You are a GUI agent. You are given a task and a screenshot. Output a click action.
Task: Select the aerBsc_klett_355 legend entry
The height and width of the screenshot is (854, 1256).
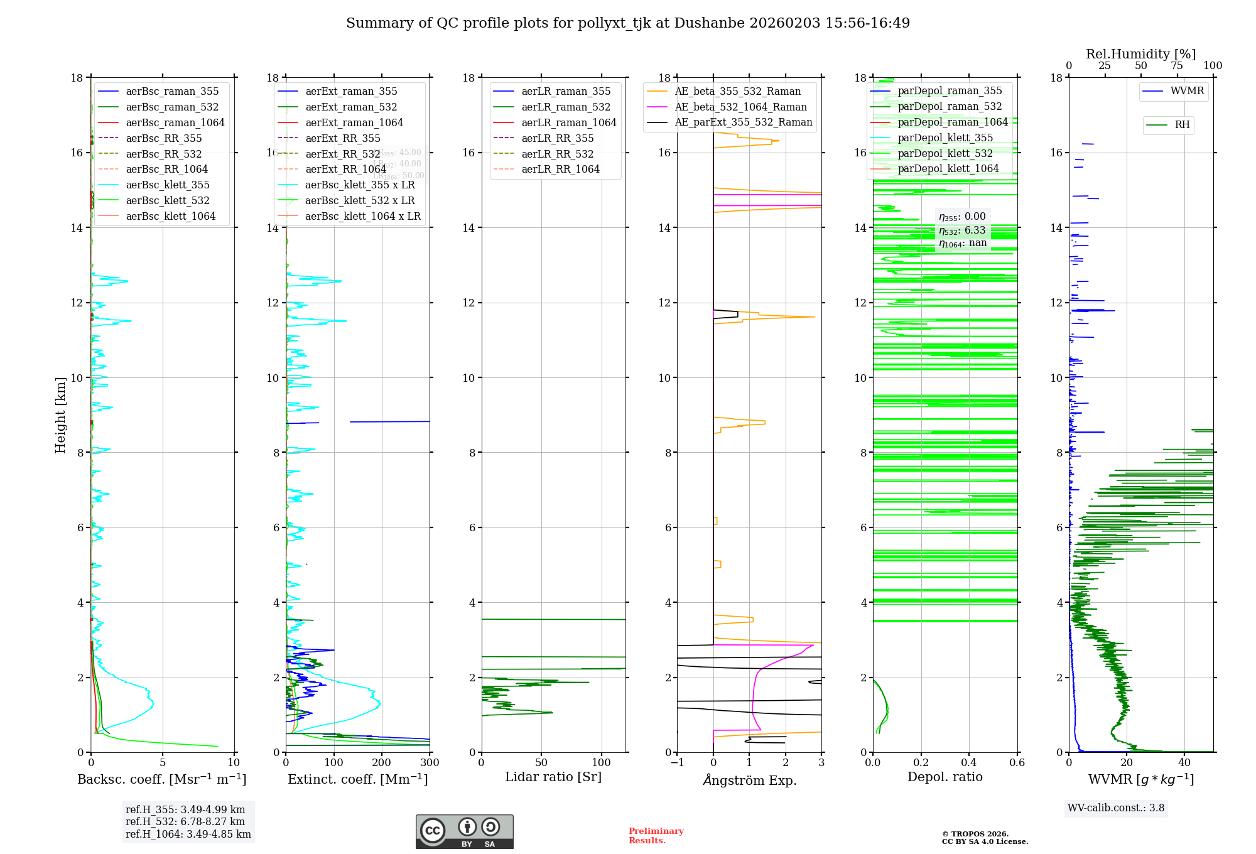coord(168,185)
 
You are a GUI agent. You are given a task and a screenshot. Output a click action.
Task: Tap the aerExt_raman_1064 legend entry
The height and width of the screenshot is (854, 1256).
coord(354,122)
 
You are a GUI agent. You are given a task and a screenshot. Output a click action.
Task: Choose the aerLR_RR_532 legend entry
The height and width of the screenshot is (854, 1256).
coord(557,154)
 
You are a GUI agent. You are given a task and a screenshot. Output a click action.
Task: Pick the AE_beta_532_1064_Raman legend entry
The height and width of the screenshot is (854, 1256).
coord(740,107)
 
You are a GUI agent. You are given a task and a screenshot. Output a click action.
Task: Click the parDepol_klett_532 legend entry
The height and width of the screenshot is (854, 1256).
coord(945,153)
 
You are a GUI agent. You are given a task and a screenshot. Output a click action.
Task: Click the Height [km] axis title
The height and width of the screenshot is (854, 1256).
coord(60,414)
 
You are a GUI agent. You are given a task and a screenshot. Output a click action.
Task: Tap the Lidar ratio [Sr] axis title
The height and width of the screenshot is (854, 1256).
coord(553,777)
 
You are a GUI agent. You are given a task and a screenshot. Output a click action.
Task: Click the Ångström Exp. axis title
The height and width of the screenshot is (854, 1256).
coord(749,780)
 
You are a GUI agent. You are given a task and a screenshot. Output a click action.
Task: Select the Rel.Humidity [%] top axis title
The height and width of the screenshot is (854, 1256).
coord(1140,54)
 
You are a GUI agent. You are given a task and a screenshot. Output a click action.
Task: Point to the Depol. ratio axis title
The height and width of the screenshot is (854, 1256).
coord(945,777)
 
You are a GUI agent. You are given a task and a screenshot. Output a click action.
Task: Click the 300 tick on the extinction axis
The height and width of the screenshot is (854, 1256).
coord(430,762)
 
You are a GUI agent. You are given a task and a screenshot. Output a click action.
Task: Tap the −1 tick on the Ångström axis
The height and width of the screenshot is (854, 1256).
coord(677,762)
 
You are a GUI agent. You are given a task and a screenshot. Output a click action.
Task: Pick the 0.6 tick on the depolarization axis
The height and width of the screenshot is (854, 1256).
coord(1017,762)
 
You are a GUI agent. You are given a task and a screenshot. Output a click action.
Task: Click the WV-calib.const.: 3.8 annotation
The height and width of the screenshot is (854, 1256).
coord(1116,808)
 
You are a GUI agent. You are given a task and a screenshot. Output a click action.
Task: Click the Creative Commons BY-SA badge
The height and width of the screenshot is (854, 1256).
coord(464,831)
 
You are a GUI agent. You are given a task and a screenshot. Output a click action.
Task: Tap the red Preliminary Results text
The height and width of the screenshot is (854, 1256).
coord(656,836)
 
